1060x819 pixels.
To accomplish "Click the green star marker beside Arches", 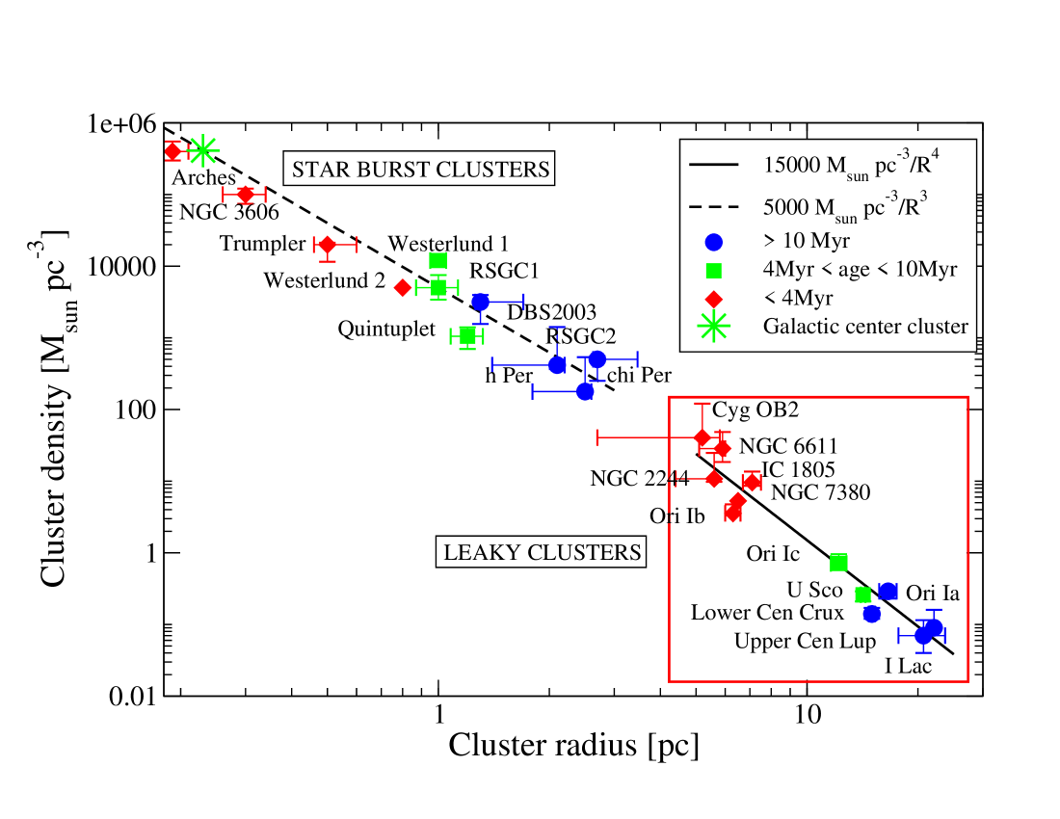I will point(202,149).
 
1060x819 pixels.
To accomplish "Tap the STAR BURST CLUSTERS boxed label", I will point(421,170).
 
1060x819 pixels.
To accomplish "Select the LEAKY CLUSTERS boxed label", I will point(542,552).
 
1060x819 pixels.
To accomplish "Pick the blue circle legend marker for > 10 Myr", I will point(713,240).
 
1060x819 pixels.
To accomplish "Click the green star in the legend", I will point(713,326).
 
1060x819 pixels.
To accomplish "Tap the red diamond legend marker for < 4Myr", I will point(713,297).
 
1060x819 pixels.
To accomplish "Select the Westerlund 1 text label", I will point(448,245).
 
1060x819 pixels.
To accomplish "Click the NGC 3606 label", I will point(229,213).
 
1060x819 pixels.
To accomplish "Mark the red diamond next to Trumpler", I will point(328,245).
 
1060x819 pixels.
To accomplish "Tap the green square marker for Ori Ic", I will point(838,562).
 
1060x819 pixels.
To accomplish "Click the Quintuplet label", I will point(386,330).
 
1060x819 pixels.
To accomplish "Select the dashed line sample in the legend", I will point(713,204).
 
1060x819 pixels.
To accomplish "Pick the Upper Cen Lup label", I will point(805,641).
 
